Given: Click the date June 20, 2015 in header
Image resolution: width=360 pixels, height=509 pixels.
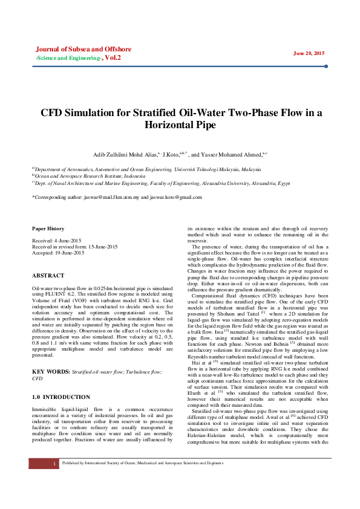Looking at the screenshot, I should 309,53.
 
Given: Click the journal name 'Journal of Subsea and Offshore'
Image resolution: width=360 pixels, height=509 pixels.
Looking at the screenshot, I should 83,49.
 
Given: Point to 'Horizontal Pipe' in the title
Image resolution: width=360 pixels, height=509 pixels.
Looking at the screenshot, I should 180,125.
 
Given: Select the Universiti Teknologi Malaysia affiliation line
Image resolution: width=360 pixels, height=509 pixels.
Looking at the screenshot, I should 148,170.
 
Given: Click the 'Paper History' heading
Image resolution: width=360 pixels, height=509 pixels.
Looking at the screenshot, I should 48,229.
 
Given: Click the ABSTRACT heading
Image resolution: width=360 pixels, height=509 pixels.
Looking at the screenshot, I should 48,276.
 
